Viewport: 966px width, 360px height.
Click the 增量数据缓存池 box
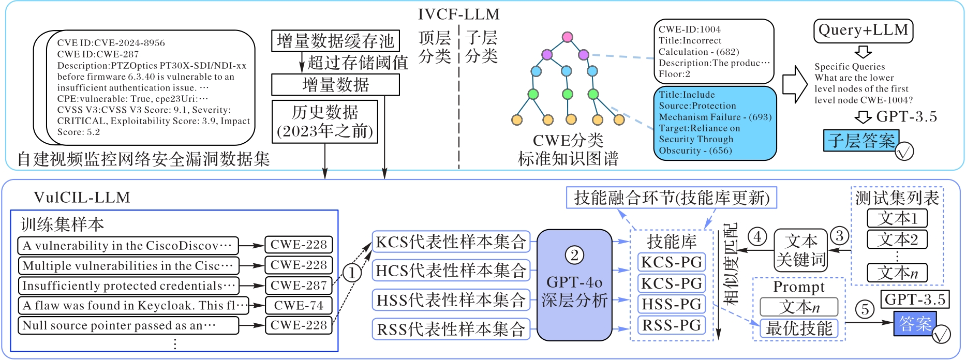point(335,41)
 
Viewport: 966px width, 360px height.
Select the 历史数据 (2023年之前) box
point(325,122)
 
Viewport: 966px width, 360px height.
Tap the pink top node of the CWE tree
point(567,37)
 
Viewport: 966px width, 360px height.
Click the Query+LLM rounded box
point(863,31)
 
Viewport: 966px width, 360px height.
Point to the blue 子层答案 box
point(861,141)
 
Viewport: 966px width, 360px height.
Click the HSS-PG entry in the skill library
point(672,304)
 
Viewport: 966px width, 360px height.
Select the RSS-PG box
point(672,325)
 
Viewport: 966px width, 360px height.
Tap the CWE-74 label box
point(299,306)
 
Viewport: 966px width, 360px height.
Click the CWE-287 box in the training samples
point(299,286)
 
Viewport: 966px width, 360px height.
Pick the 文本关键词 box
point(800,250)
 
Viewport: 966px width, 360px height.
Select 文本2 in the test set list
point(897,239)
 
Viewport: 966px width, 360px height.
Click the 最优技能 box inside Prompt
point(799,328)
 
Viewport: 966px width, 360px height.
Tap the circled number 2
point(574,255)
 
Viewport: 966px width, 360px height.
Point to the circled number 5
point(865,309)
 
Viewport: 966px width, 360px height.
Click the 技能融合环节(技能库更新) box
point(672,198)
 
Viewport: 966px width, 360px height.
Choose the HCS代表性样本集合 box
point(451,271)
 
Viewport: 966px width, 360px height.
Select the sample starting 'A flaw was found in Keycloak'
point(134,306)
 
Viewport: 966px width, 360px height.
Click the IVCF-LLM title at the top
point(458,14)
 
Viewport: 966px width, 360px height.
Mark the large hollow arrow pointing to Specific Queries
point(795,83)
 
